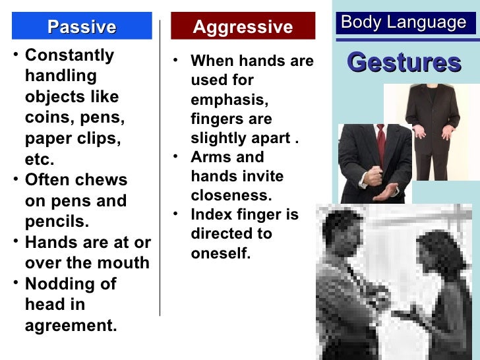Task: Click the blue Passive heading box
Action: pos(82,26)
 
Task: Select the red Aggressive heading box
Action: pos(242,26)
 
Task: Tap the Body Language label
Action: pos(404,23)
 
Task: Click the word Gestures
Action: pos(404,63)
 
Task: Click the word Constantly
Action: pos(69,55)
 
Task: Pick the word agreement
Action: pos(71,326)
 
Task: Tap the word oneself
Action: pos(221,253)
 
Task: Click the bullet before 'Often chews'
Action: pos(16,178)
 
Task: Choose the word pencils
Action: pos(57,221)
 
